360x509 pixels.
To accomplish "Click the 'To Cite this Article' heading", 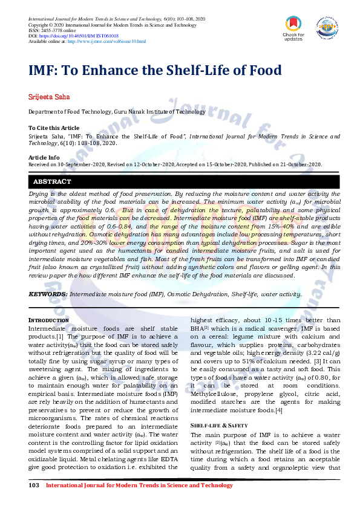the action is pos(54,128).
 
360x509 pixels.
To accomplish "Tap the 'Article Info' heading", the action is pos(44,157).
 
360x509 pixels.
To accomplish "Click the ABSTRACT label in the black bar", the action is pos(52,181).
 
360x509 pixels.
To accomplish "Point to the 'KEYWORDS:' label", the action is pos(48,294).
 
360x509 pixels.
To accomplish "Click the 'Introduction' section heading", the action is pos(49,320).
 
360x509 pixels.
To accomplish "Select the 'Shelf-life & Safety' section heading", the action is pos(219,426).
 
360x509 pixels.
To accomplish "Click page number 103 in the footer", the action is pos(34,485).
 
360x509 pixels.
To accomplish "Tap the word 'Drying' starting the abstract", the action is pos(38,194).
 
